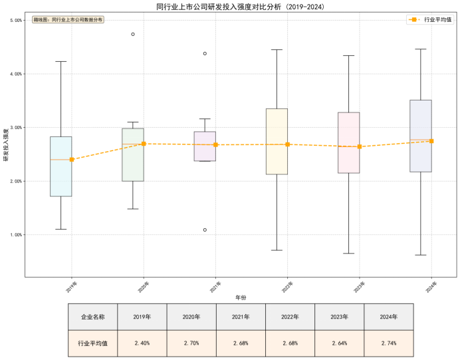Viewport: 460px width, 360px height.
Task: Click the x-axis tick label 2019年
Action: (71, 286)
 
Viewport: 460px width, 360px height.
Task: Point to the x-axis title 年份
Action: (241, 297)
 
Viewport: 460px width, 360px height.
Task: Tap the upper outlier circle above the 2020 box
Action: (133, 34)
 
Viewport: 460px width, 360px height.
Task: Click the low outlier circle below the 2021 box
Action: (205, 230)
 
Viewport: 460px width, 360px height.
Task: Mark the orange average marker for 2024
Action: (431, 141)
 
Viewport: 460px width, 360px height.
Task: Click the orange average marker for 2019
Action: (72, 160)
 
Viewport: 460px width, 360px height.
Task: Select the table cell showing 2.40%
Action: (142, 343)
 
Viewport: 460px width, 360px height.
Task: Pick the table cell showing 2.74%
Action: (388, 343)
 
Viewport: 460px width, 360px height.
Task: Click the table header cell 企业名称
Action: (92, 317)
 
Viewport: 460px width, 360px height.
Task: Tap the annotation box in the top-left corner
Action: (68, 21)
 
